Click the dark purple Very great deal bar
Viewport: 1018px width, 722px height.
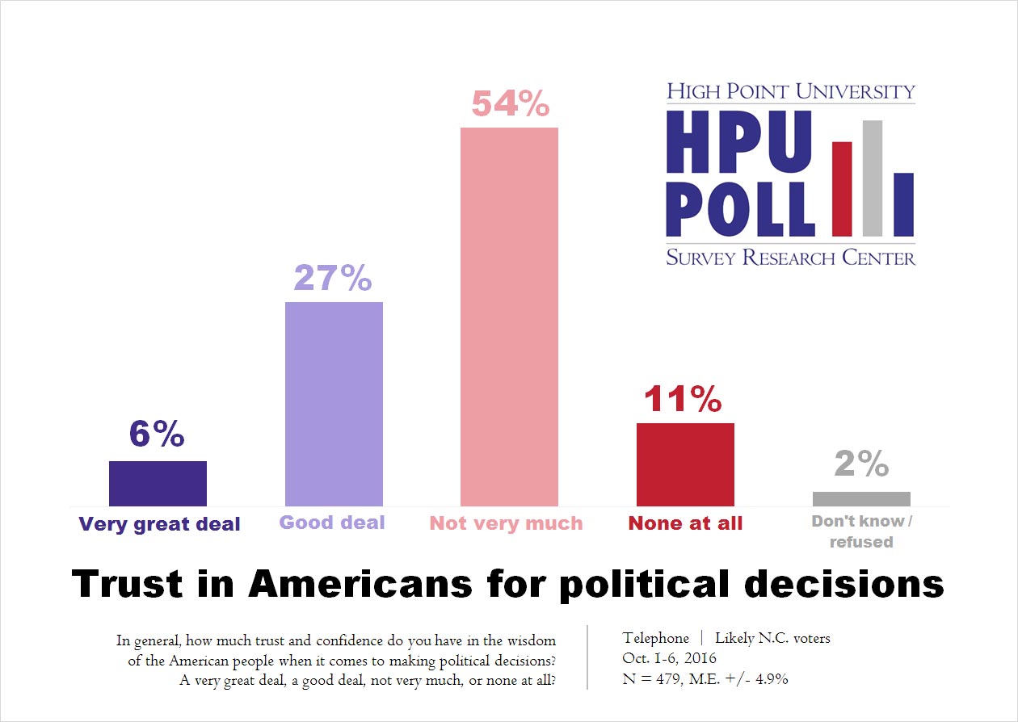click(158, 483)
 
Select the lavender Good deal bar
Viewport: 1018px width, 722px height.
click(334, 404)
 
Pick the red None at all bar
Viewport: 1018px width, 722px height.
click(685, 464)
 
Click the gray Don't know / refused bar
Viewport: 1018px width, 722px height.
click(861, 498)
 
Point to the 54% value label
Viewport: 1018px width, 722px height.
click(510, 105)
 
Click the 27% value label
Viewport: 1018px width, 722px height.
click(333, 279)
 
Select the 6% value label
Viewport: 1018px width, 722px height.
click(157, 435)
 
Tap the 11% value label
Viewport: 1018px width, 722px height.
click(684, 399)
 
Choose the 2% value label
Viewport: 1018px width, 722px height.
click(860, 464)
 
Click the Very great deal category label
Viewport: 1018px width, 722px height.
click(159, 524)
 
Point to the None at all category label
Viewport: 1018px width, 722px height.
click(685, 523)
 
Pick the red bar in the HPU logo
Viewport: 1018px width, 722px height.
click(842, 188)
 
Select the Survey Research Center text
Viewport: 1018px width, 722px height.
click(790, 258)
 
